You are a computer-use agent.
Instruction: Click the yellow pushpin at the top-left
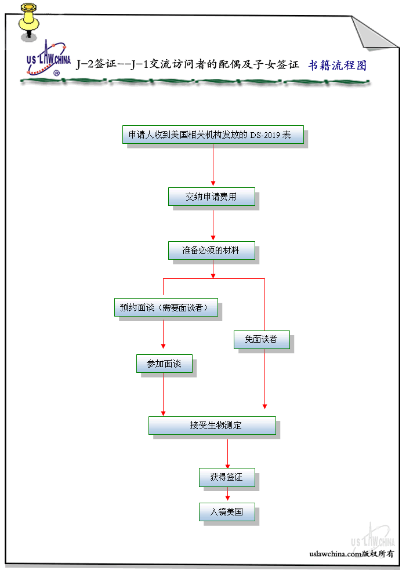tap(28, 20)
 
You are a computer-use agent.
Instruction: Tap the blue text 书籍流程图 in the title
tap(337, 65)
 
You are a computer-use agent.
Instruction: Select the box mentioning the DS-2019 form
tap(213, 135)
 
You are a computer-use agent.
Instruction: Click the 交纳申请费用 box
tap(211, 197)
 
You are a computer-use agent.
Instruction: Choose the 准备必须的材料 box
tap(211, 250)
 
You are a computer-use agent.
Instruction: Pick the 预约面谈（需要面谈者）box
tap(166, 307)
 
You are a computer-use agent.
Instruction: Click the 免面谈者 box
tap(262, 339)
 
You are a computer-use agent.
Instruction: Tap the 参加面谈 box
tap(164, 364)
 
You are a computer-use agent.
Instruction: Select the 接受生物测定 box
tap(212, 425)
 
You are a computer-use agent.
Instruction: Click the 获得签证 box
tap(227, 478)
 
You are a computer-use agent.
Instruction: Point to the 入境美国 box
tap(227, 512)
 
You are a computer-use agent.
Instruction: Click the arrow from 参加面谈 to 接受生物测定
tap(163, 394)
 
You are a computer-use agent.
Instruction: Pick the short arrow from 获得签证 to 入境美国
tap(227, 495)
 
